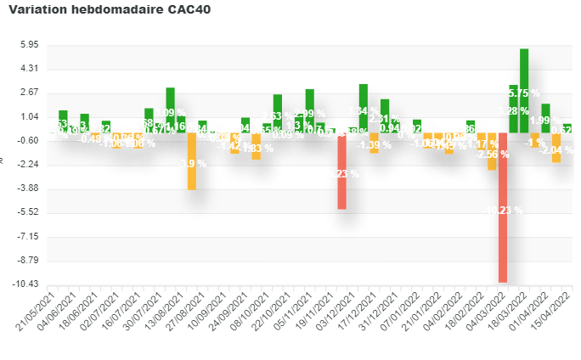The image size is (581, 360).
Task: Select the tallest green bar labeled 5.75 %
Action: (524, 90)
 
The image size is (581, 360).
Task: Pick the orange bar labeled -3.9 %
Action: (192, 160)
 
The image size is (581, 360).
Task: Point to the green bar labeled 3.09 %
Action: (170, 110)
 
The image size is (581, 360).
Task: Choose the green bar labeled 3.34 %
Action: (363, 108)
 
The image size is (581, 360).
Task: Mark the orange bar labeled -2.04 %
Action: (556, 147)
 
